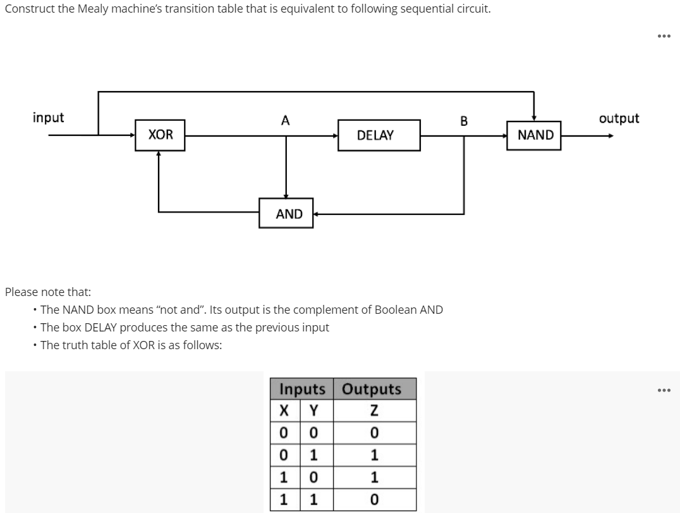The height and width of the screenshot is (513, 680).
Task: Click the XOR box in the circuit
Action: [161, 135]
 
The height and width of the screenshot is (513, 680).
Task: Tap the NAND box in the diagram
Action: [535, 135]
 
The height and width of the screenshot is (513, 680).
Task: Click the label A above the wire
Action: [286, 120]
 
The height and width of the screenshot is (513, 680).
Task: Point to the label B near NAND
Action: [464, 121]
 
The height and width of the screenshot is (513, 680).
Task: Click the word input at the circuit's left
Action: [49, 118]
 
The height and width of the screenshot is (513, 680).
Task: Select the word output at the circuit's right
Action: [619, 118]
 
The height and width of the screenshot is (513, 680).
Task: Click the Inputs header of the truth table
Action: [301, 388]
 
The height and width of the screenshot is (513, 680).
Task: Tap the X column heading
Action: [284, 411]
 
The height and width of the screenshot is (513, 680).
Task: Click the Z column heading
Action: [374, 411]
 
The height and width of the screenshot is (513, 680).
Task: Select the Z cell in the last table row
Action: [374, 500]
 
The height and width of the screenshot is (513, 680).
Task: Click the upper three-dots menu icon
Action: [663, 36]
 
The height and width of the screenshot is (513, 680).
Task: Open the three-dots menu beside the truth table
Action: [663, 390]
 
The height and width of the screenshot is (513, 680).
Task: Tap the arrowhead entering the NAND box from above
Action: [535, 117]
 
